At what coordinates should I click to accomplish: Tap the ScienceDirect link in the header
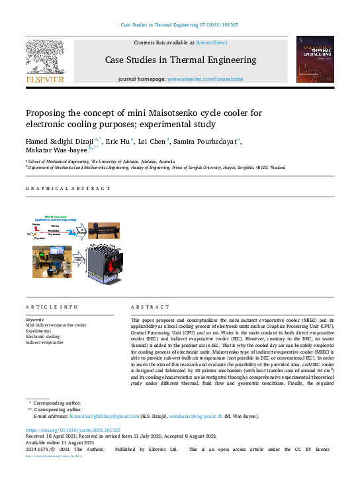tap(211, 42)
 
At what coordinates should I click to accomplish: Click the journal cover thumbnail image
tap(314, 60)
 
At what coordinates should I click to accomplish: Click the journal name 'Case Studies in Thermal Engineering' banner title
tap(180, 60)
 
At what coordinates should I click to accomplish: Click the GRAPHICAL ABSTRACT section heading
tap(68, 189)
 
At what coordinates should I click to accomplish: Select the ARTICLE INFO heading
tap(52, 307)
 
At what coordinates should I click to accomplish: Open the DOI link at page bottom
tap(73, 430)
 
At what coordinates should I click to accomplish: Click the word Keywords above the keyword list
tap(36, 319)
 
